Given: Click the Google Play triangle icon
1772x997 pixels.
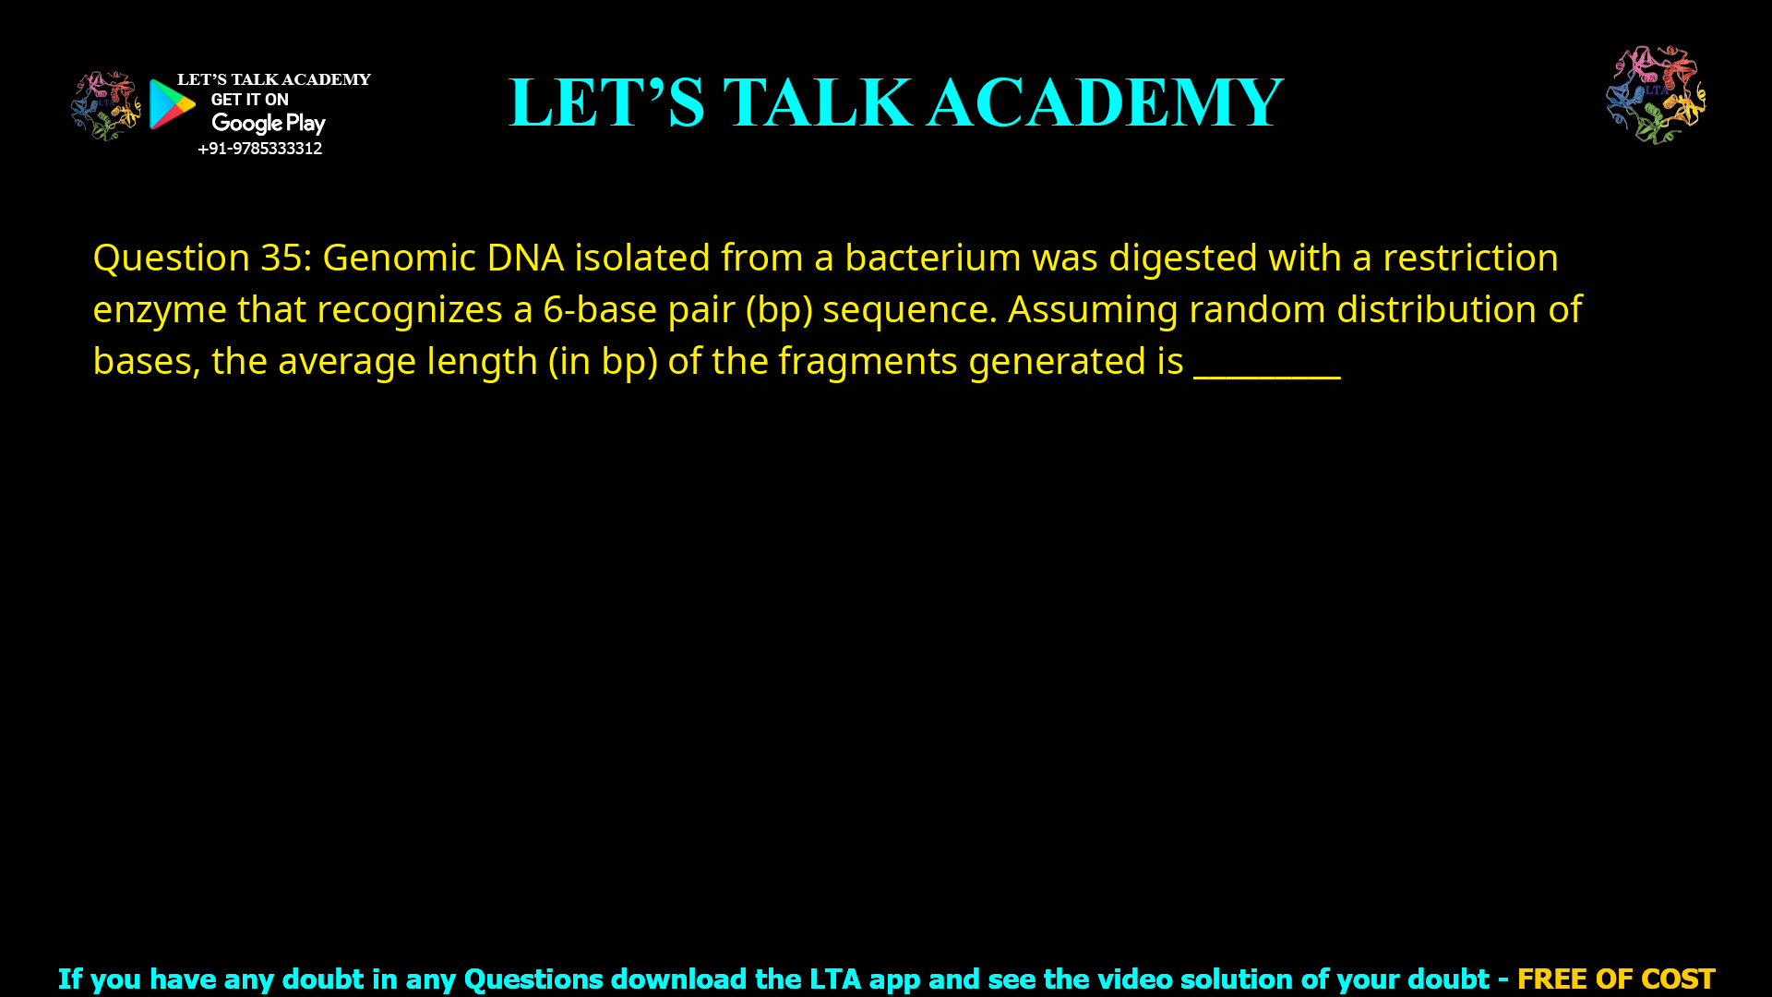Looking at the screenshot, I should [172, 104].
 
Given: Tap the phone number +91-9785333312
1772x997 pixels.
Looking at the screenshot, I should [259, 149].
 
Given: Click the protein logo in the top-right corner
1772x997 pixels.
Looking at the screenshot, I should [1656, 95].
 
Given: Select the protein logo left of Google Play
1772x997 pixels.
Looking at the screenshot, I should [105, 105].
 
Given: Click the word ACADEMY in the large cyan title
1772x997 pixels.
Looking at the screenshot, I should [1105, 102].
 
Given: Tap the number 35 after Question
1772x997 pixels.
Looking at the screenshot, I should [281, 258].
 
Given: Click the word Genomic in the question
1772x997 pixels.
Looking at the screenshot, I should [399, 258].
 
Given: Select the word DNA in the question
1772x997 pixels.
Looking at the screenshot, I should [525, 258].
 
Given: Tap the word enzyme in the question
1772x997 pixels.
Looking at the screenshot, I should [160, 309].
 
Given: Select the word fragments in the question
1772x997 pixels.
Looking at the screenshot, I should [868, 361].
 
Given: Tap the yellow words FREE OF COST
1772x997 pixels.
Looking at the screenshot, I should [1615, 979].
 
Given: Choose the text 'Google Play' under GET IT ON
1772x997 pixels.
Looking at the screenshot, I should [269, 124].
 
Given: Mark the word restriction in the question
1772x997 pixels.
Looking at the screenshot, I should [1470, 258].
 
